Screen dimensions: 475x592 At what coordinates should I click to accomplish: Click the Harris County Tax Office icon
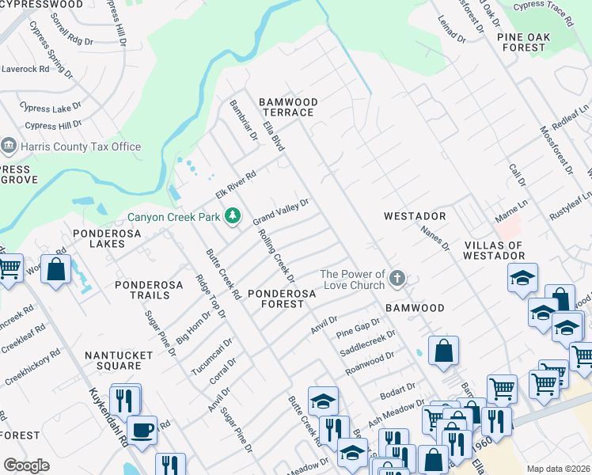[x=9, y=146]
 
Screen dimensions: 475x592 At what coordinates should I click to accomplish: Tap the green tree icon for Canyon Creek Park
[x=233, y=215]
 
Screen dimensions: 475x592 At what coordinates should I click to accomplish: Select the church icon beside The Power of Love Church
[x=397, y=279]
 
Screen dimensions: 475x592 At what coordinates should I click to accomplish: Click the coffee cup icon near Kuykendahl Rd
[x=142, y=430]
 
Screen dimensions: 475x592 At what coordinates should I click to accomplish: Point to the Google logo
[x=26, y=465]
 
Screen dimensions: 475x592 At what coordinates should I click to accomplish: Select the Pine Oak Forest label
[x=522, y=42]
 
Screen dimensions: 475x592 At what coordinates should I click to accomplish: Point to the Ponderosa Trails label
[x=142, y=290]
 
